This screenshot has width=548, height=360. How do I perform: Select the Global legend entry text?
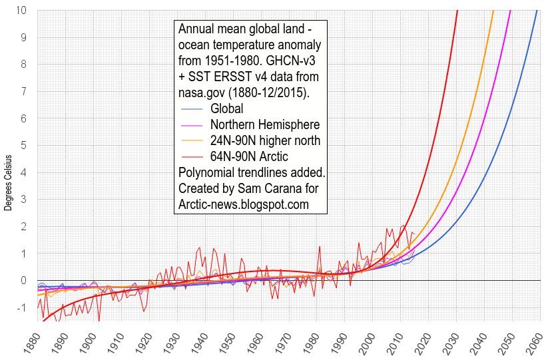click(226, 108)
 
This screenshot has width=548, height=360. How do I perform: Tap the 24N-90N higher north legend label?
click(265, 140)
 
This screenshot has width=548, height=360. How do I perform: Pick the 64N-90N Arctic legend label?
click(249, 156)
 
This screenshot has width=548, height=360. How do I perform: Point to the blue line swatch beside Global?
click(191, 108)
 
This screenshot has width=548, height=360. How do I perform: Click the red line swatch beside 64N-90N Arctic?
click(191, 156)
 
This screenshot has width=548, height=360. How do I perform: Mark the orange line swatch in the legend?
click(191, 140)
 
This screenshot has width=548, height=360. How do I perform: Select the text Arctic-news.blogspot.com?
click(244, 204)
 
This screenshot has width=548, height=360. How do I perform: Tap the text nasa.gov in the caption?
click(201, 93)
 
